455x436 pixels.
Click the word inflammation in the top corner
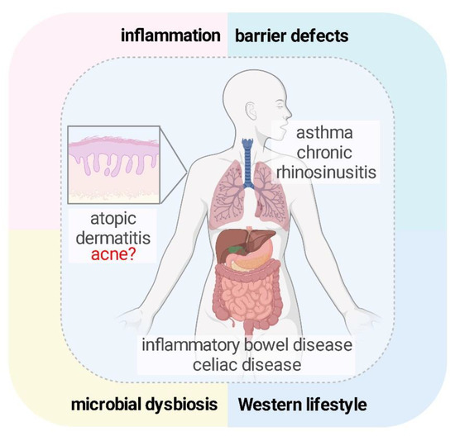(x=172, y=36)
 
